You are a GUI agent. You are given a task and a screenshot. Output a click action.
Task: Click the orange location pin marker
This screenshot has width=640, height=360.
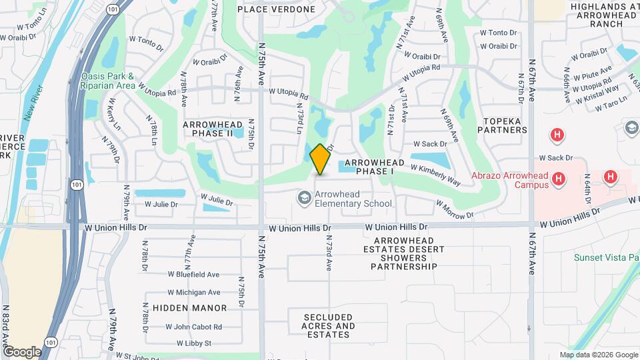321,159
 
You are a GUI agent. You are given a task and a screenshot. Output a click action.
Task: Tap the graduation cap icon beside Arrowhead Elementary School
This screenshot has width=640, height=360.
304,198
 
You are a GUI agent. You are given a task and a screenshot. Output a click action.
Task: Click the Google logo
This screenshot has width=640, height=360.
22,351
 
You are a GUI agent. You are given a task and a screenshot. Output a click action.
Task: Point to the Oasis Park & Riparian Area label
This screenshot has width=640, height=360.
108,81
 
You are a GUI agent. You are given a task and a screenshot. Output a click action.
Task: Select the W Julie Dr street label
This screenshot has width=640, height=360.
217,199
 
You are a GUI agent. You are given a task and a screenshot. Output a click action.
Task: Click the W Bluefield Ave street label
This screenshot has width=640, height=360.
193,274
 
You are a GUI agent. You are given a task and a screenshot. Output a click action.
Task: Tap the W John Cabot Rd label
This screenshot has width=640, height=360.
195,327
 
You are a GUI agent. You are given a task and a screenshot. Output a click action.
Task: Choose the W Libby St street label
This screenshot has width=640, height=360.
194,343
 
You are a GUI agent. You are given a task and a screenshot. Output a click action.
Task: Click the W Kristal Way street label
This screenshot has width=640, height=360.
599,93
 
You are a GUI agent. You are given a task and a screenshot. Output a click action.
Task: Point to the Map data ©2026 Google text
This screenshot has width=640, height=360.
598,355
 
